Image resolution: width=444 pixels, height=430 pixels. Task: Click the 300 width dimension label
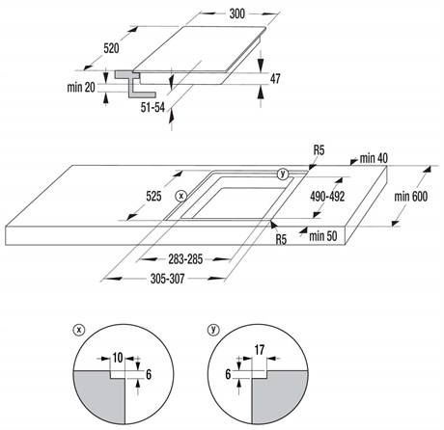point(237,13)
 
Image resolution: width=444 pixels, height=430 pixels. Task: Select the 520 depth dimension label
point(111,48)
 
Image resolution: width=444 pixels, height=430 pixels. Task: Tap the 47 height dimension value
point(275,79)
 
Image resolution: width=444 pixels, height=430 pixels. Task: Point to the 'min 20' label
point(81,87)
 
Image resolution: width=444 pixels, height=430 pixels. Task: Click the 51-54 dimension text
point(153,107)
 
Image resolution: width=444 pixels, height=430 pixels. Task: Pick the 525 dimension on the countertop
point(153,196)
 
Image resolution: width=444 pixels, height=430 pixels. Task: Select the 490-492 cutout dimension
point(327,197)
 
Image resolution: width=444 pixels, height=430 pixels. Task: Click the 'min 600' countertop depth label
point(411,197)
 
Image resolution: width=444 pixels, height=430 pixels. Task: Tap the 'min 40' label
point(374,158)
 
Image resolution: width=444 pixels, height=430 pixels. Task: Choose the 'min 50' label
point(323,236)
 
